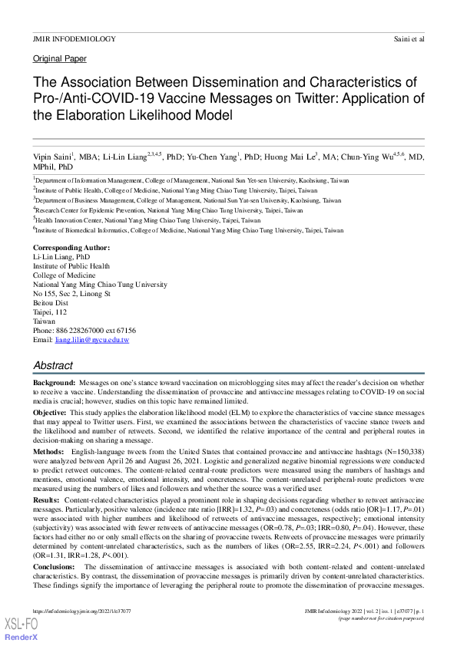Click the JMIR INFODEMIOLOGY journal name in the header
tap(75, 38)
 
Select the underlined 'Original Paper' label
tap(60, 59)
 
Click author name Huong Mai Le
tap(286, 157)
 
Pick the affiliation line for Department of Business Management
tap(187, 200)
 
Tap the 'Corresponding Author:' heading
tap(71, 248)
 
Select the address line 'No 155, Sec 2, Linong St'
tap(72, 293)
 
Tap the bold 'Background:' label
tap(55, 382)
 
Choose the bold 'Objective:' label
tap(50, 412)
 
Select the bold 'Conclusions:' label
tap(55, 566)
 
